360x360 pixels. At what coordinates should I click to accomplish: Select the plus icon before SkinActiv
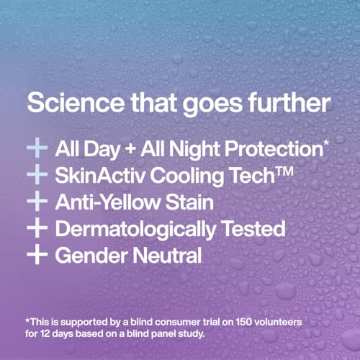36,176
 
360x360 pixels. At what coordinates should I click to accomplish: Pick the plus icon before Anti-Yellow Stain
36,202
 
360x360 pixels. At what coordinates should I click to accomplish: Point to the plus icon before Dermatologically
36,229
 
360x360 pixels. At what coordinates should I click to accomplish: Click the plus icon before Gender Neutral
36,255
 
